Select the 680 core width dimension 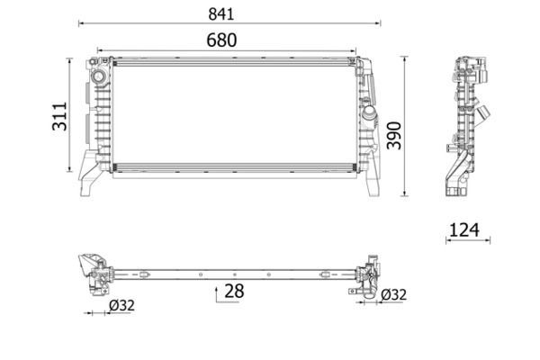(x=221, y=40)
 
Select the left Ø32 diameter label (x=121, y=305)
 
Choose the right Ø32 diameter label (x=392, y=294)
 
